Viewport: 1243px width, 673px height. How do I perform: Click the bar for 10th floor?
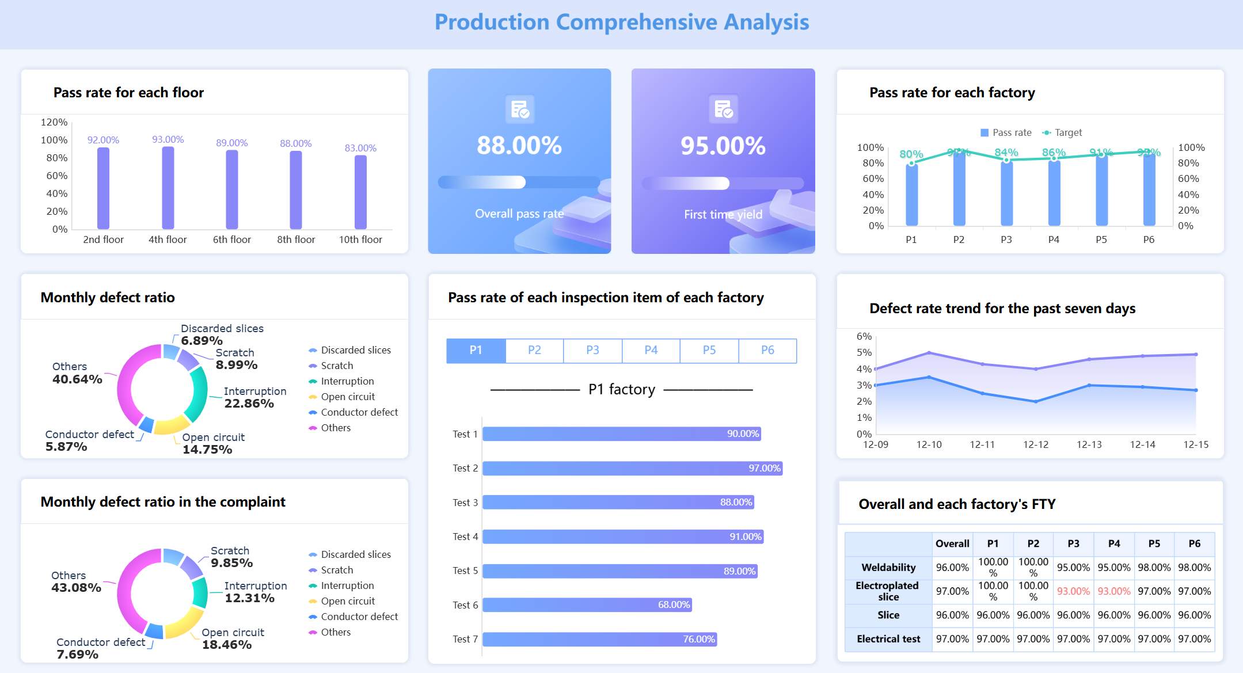click(x=360, y=192)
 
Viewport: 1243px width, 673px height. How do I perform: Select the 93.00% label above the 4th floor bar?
click(x=168, y=139)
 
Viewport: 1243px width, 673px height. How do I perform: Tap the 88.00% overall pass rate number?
click(x=519, y=145)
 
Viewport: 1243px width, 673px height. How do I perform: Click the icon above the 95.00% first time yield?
click(x=723, y=109)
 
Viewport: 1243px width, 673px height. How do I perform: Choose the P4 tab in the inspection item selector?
click(x=651, y=350)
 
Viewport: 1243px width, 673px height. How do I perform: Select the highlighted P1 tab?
click(x=476, y=350)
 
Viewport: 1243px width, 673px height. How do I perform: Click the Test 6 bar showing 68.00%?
click(x=587, y=604)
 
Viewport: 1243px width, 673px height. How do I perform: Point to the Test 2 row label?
click(x=465, y=468)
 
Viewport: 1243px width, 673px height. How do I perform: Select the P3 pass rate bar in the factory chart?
click(x=1006, y=193)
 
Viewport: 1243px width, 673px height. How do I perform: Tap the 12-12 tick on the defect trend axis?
click(x=1035, y=444)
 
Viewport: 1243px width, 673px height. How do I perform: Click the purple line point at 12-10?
click(x=929, y=352)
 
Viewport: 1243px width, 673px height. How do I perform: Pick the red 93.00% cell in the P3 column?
click(x=1073, y=591)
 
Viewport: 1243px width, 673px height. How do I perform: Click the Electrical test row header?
click(x=888, y=639)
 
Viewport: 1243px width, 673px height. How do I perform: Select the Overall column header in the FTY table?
click(x=952, y=543)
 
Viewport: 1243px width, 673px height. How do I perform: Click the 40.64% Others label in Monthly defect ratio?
click(x=77, y=379)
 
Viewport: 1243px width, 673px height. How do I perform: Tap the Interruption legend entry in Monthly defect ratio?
click(x=347, y=381)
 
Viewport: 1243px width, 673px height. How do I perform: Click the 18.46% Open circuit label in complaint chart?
click(x=226, y=645)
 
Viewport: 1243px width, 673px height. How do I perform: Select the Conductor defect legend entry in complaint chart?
click(x=359, y=617)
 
